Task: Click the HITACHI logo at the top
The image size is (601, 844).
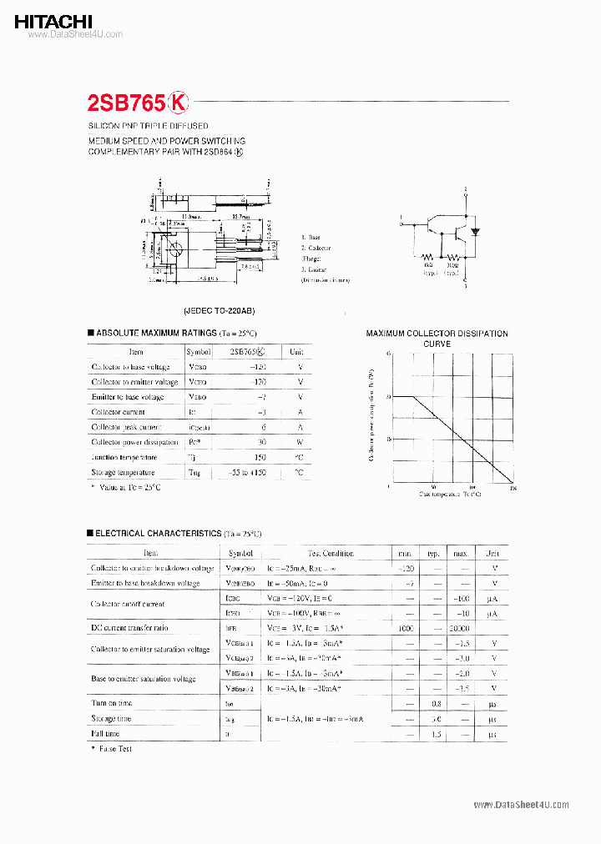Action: [x=53, y=21]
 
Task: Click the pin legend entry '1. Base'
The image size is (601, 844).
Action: [x=311, y=238]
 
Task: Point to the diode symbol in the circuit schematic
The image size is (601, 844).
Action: [x=475, y=231]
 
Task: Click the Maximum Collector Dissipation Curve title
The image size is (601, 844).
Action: [x=437, y=339]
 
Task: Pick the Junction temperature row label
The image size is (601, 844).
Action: [x=124, y=458]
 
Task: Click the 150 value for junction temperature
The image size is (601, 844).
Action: [x=260, y=458]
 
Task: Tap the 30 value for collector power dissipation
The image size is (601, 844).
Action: [x=262, y=443]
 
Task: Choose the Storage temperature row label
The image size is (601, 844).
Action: [x=124, y=473]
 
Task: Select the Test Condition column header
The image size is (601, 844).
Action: [x=331, y=553]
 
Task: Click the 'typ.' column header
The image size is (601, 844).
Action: [x=434, y=553]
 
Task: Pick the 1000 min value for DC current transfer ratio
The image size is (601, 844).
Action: [x=405, y=628]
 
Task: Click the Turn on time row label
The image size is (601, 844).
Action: [x=112, y=704]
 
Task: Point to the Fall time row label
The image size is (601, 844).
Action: [x=106, y=734]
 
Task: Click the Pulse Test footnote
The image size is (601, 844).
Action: [x=114, y=749]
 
